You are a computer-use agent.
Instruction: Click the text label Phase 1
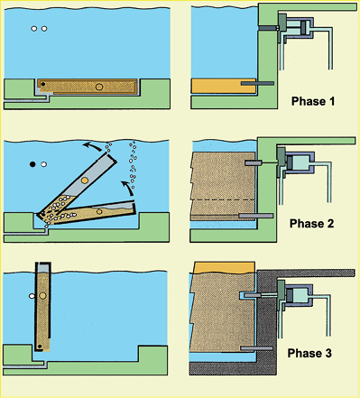coord(313,101)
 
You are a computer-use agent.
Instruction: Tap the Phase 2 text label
coord(311,224)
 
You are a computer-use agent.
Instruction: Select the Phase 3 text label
coord(309,353)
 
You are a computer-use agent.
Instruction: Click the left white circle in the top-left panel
coord(34,29)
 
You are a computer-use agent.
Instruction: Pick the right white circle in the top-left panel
coord(44,29)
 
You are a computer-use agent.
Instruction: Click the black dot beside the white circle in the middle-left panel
coord(32,164)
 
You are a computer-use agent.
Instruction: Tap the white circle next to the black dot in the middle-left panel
coord(44,164)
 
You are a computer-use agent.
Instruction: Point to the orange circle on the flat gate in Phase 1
coord(99,87)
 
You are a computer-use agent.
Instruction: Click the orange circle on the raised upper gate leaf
coord(85,180)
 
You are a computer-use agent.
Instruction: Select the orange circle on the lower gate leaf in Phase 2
coord(99,211)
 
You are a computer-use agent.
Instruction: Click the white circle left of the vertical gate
coord(32,296)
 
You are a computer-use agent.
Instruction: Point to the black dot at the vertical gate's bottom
coord(40,347)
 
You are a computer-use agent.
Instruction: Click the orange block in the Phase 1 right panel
coord(224,86)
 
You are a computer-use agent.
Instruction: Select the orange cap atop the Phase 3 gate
coord(225,267)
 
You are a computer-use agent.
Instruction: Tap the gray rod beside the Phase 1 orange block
coord(257,83)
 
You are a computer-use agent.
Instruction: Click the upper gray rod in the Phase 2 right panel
coord(254,162)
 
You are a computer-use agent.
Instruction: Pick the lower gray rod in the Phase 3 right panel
coord(256,348)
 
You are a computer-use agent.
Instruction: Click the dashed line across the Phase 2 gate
coord(224,199)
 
